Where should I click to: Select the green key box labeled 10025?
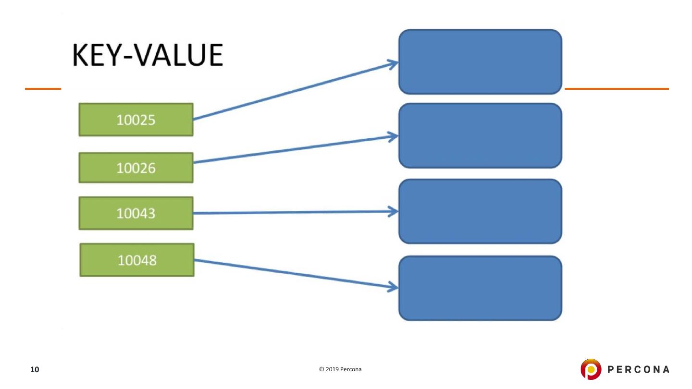[x=136, y=120]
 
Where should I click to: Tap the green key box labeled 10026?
[x=136, y=168]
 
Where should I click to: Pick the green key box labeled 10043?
[x=136, y=213]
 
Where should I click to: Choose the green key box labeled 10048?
[x=137, y=260]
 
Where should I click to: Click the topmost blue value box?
[x=480, y=61]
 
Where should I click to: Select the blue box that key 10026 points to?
[x=480, y=135]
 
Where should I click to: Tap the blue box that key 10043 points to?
[x=480, y=211]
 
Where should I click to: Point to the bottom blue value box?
[x=480, y=288]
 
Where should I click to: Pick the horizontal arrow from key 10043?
[x=288, y=212]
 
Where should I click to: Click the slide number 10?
[x=35, y=369]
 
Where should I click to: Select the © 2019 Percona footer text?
[x=340, y=369]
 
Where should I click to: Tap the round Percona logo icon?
[x=590, y=369]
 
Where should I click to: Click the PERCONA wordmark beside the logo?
[x=638, y=369]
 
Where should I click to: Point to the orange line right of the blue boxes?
[x=616, y=89]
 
